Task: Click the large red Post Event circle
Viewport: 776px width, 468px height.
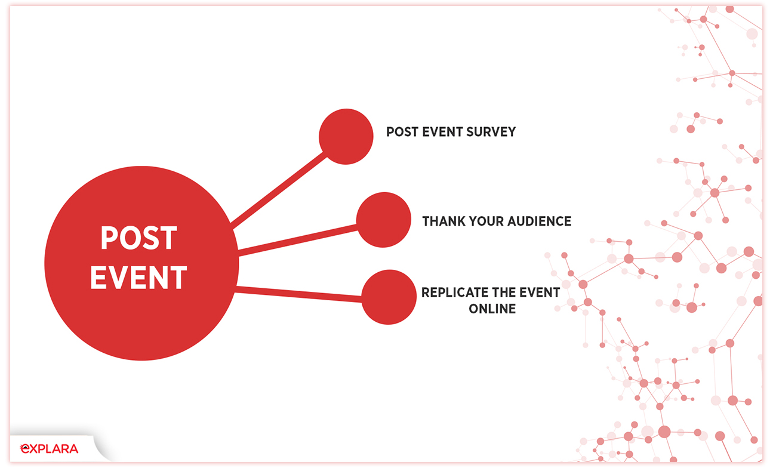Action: (141, 263)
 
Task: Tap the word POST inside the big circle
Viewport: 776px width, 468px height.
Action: (138, 238)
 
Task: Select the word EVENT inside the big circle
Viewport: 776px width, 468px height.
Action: (138, 277)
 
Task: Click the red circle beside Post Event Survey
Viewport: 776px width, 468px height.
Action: (346, 137)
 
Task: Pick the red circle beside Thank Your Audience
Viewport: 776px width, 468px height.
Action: (384, 220)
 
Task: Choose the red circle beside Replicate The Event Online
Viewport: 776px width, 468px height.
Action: (389, 297)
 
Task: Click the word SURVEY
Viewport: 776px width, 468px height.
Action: (491, 132)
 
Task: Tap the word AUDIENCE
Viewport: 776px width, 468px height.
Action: (540, 221)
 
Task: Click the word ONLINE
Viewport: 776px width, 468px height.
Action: (492, 309)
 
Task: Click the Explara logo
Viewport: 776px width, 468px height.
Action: (49, 449)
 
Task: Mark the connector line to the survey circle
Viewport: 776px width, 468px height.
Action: (278, 190)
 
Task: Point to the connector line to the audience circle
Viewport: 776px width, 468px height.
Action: (298, 241)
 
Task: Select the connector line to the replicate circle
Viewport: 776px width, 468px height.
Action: (298, 294)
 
